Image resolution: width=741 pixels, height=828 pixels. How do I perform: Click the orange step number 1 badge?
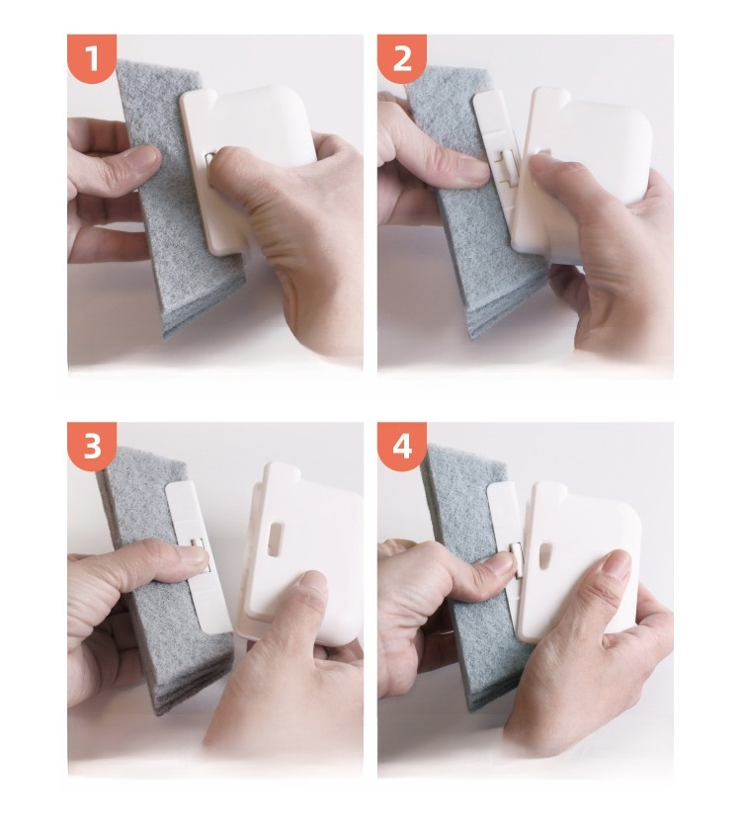point(92,58)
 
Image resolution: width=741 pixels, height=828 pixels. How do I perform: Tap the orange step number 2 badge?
point(401,58)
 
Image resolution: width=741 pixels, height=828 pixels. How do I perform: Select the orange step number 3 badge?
point(92,447)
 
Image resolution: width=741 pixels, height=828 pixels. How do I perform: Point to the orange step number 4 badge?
point(401,447)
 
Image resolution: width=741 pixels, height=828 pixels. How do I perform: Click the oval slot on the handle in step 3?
point(276,538)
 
